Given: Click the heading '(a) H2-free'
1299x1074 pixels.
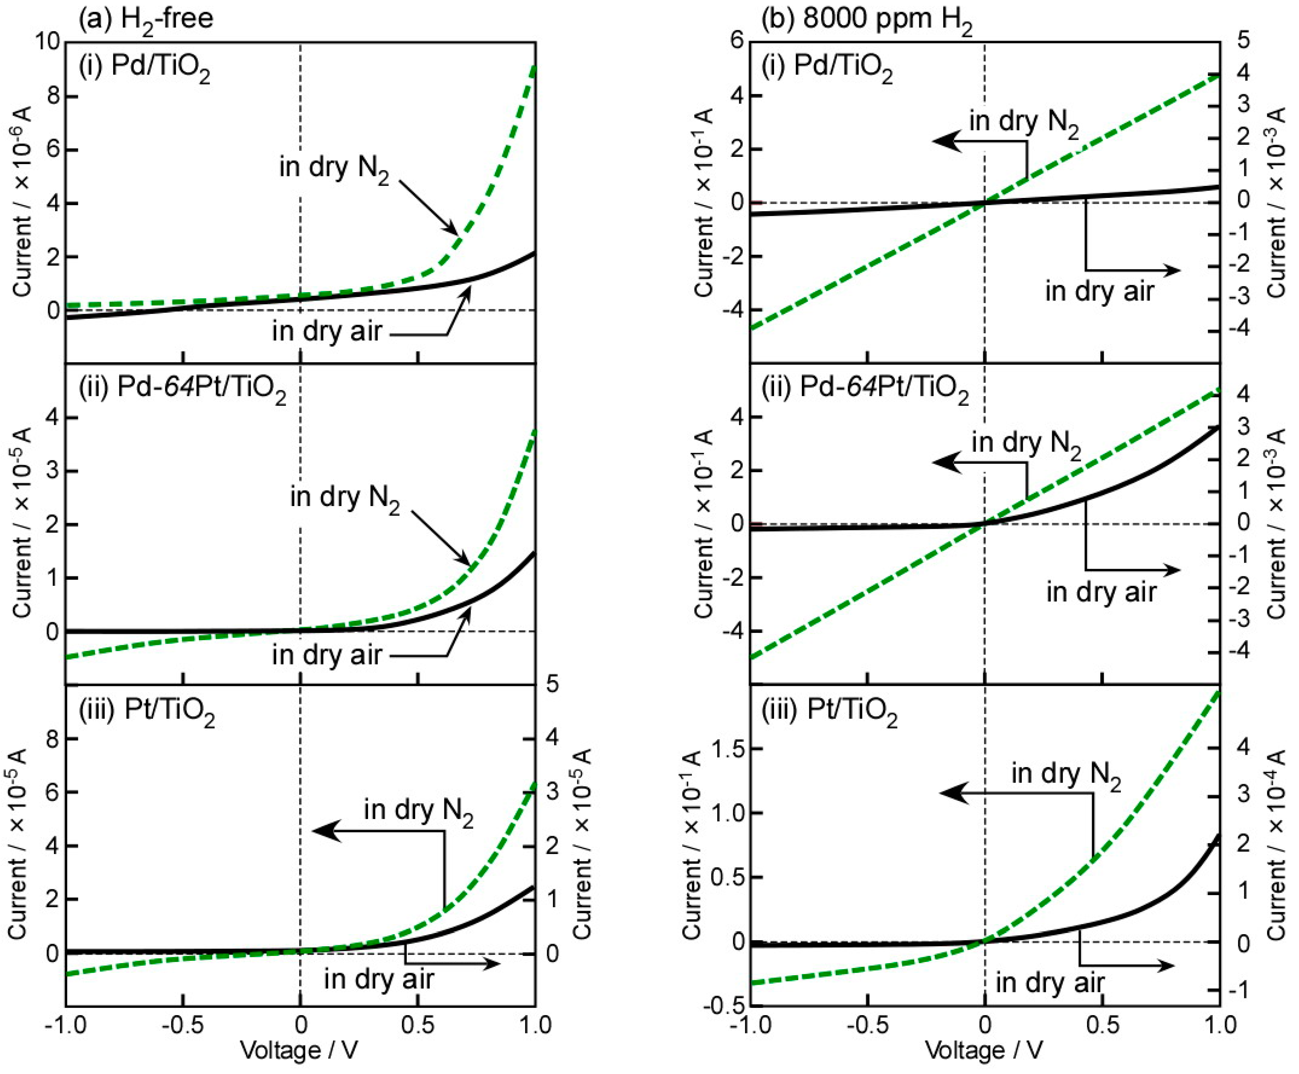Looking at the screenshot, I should click(146, 19).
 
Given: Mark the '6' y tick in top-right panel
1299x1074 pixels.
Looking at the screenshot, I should click(736, 42).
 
